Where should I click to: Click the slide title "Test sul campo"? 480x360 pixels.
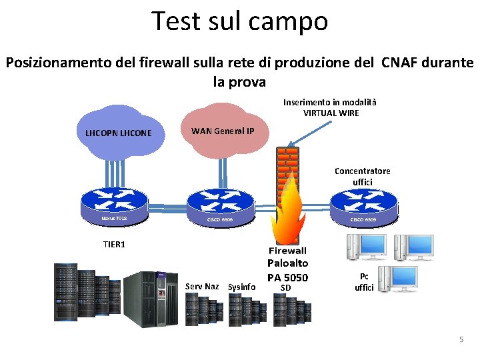(239, 21)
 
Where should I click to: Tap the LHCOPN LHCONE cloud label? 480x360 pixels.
(118, 133)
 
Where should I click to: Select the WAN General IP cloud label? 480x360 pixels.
(223, 130)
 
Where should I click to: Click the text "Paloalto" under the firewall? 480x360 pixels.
(287, 263)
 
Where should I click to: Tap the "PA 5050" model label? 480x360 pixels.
(287, 277)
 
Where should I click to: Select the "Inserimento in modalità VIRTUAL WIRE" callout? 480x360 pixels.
(330, 107)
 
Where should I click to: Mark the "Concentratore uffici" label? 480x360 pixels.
(363, 177)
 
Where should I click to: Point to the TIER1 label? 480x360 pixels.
(114, 245)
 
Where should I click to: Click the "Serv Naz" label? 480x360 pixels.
(202, 287)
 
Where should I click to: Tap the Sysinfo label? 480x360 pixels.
(241, 287)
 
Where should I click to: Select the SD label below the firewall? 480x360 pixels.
(286, 288)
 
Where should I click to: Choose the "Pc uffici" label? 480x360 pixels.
(364, 282)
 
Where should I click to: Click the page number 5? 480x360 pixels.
(461, 340)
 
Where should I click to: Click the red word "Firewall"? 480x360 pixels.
(287, 251)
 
